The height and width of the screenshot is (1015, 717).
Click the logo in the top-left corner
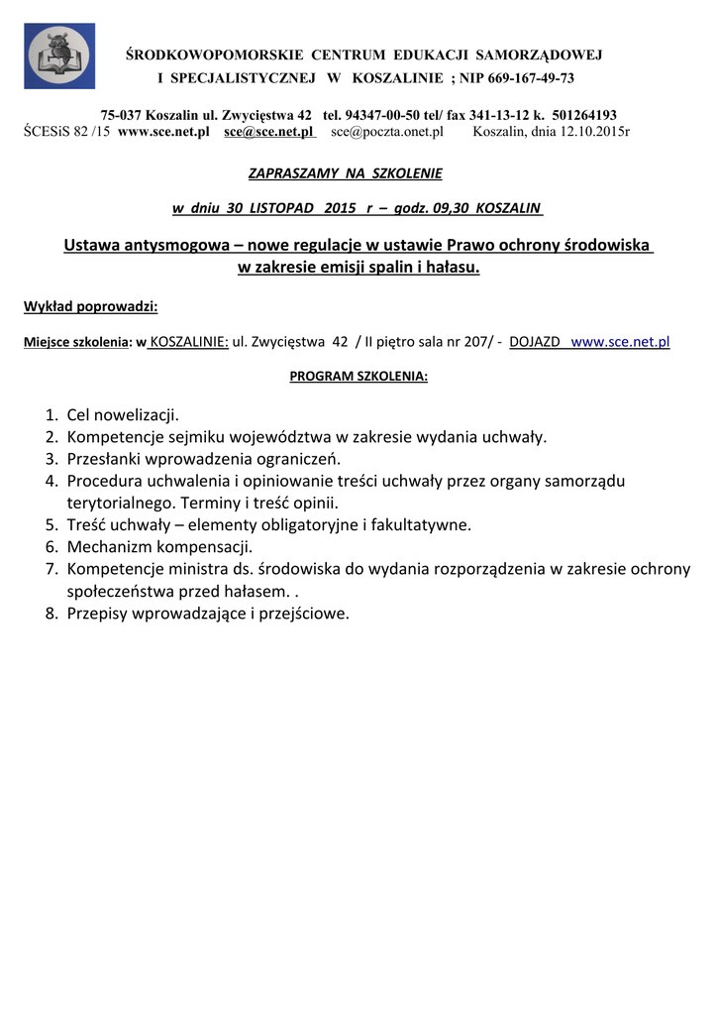(59, 56)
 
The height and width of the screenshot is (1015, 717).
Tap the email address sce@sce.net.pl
(268, 131)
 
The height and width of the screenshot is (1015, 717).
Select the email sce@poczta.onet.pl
(387, 131)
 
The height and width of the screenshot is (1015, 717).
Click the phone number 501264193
(583, 115)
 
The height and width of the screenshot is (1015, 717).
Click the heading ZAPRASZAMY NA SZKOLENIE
(345, 173)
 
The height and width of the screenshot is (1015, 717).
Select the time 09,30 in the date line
(452, 208)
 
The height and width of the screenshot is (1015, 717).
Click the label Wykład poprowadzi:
(90, 306)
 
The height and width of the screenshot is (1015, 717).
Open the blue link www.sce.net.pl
(621, 342)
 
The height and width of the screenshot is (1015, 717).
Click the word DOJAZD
(534, 342)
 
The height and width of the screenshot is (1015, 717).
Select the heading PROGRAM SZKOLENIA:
(358, 377)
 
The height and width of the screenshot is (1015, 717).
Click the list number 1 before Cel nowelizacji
(51, 414)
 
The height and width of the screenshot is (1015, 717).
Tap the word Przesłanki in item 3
(104, 459)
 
